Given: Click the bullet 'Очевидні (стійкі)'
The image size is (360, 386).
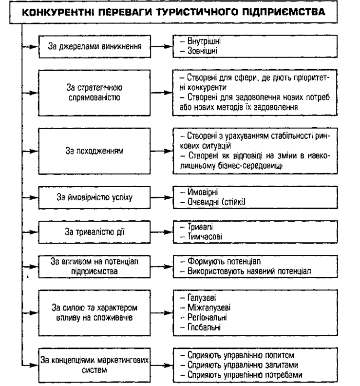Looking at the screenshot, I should coord(210,204).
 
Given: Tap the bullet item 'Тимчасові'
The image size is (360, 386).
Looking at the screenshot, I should coord(198,236).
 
